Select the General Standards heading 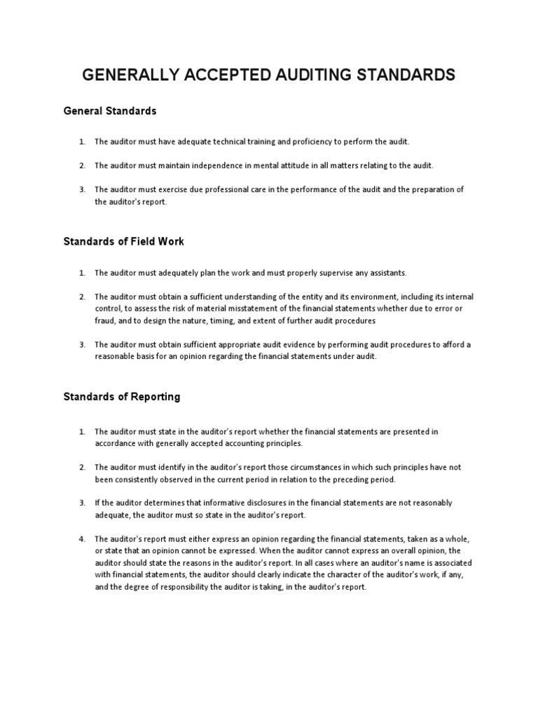(110, 111)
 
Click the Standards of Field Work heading (124, 241)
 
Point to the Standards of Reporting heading (122, 397)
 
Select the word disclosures (257, 503)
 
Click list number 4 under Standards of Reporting (82, 538)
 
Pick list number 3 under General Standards (82, 189)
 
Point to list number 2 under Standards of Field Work (82, 297)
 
